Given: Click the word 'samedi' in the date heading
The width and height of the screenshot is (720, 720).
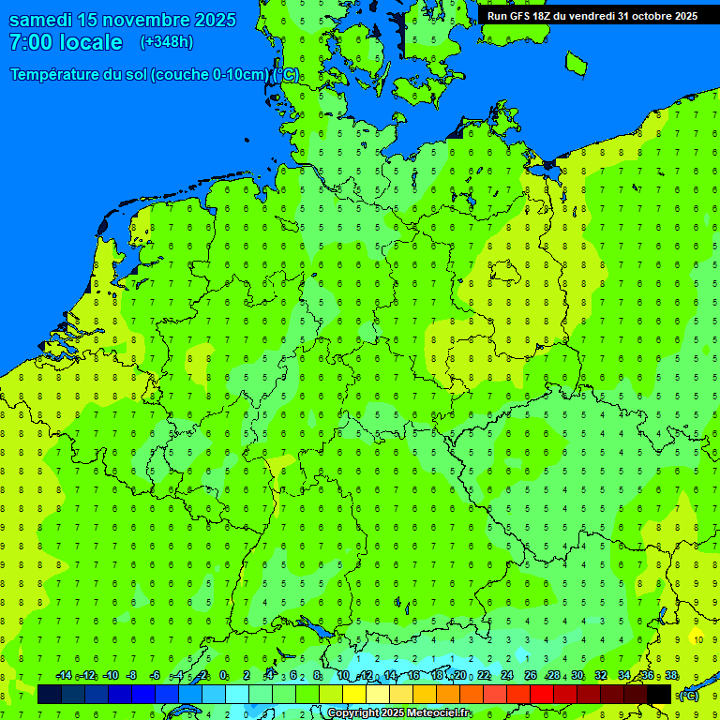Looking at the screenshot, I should [x=46, y=20].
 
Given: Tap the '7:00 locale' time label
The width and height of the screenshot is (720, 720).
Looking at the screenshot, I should [x=66, y=42].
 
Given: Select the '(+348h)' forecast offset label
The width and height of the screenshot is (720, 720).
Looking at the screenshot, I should [x=167, y=42].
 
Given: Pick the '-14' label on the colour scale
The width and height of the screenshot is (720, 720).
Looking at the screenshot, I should [x=64, y=676].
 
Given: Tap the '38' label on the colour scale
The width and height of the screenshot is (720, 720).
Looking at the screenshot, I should [x=671, y=676].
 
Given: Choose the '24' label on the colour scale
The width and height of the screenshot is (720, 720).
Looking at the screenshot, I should [x=507, y=676].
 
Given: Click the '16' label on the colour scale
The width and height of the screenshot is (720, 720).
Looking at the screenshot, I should [x=413, y=676].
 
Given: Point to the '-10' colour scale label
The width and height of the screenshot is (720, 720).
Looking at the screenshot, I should [x=110, y=676].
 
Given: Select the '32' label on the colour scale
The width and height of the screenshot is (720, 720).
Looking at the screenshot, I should [x=601, y=676].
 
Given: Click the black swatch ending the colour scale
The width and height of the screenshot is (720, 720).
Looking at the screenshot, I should [x=659, y=694].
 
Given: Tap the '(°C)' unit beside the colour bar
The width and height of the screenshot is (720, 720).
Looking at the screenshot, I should [x=689, y=695].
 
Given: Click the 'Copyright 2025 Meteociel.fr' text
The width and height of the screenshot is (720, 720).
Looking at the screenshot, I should [x=397, y=713].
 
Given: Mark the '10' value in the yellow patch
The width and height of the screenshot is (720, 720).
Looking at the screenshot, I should [x=697, y=639].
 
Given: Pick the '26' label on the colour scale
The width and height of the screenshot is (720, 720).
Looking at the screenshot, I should [x=531, y=676].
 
